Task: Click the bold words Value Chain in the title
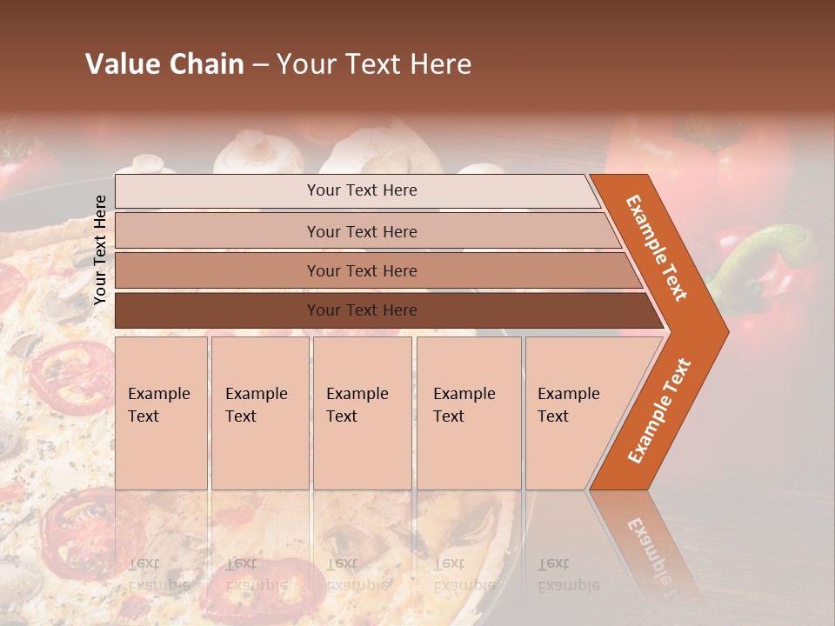point(164,64)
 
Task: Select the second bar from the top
point(362,231)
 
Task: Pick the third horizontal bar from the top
point(362,270)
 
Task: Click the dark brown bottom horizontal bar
point(362,310)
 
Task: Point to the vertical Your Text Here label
point(101,250)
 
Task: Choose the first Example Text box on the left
point(161,412)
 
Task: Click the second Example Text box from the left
point(259,412)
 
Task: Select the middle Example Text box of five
point(362,412)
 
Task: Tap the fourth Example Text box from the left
point(469,412)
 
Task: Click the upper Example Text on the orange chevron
point(657,248)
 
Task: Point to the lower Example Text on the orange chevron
point(659,410)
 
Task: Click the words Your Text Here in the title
point(374,64)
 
